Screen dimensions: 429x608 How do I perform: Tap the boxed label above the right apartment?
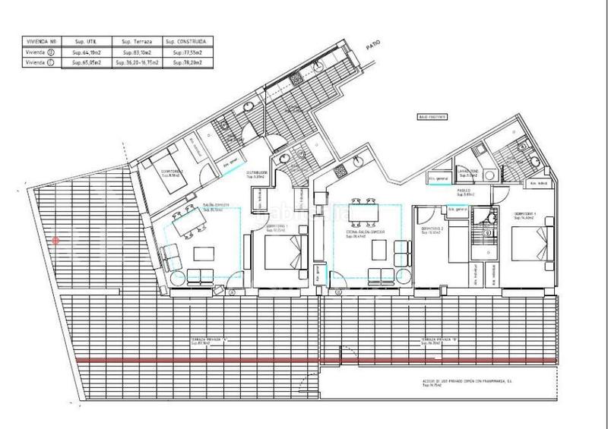tap(431, 118)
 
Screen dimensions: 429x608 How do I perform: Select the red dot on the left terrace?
tap(55, 241)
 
